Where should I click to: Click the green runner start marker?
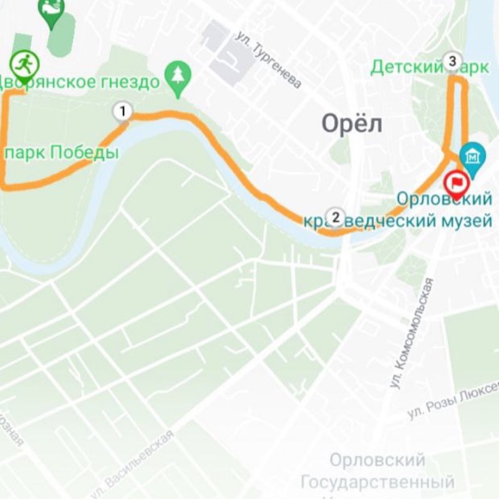24,62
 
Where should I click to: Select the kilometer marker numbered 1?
123,112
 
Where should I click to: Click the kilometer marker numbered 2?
336,218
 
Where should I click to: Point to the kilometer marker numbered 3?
453,61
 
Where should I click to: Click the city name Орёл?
351,124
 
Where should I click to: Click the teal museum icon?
472,154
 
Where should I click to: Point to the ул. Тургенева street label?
269,60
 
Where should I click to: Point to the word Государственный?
377,482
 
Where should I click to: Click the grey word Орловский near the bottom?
377,460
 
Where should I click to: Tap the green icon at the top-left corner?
51,9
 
